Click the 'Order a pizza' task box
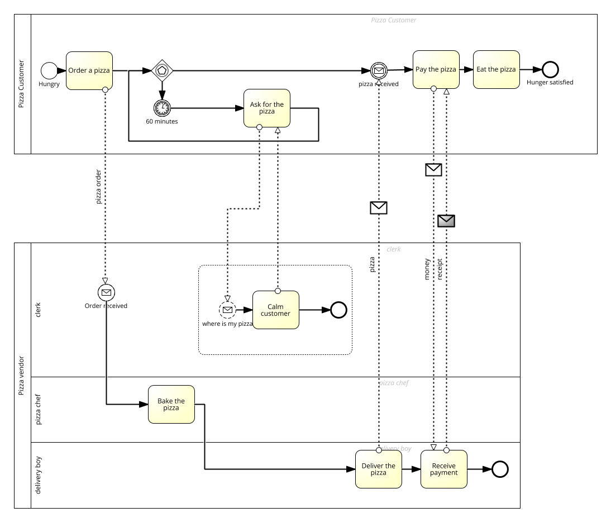click(89, 70)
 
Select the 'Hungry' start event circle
click(49, 70)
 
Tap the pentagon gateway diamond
click(162, 70)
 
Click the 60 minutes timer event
click(162, 107)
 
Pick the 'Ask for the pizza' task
click(266, 108)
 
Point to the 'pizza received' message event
click(379, 70)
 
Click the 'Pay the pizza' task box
click(436, 69)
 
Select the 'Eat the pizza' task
click(496, 69)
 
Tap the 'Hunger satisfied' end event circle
click(550, 69)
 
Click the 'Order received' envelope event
click(106, 292)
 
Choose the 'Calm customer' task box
click(275, 310)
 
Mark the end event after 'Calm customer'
click(338, 310)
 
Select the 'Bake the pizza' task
click(171, 404)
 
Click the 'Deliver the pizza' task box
click(378, 469)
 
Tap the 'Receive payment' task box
click(443, 469)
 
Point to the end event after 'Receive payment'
click(500, 469)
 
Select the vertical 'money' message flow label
click(427, 269)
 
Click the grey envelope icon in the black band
click(446, 221)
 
